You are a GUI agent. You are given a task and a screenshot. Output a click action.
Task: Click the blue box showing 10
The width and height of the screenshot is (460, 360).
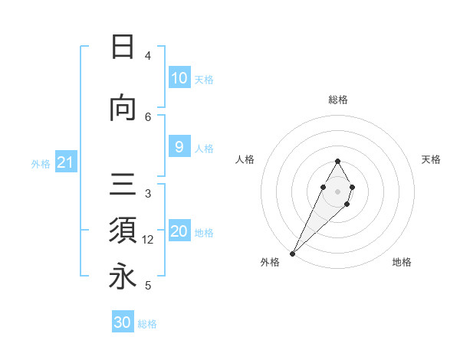pos(179,78)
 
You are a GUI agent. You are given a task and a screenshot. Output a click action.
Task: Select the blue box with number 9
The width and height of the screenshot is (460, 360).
pos(179,148)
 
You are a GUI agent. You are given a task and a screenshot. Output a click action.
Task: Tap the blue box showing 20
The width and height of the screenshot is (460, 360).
pos(179,232)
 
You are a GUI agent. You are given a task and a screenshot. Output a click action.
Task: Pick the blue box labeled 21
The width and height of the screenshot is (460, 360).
pos(65,162)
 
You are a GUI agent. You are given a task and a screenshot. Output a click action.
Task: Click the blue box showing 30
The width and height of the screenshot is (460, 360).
pos(123,322)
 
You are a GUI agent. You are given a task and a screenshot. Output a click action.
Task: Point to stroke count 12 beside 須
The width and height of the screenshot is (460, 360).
pos(148,240)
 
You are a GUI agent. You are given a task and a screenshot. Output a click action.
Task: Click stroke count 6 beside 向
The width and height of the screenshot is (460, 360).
pos(148,116)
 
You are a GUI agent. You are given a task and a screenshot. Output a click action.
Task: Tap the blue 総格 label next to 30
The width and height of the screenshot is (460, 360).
pos(147,324)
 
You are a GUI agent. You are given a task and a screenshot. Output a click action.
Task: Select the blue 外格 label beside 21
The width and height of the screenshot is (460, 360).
pos(41,163)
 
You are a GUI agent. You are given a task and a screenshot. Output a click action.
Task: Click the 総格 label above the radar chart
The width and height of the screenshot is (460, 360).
pos(338,100)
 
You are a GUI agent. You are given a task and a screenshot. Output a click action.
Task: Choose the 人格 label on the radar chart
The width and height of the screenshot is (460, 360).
pos(245,159)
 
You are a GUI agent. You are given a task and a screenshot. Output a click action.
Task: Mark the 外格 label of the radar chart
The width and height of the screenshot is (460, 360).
pos(270,262)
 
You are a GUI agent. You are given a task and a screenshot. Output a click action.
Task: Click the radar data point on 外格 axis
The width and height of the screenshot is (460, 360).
pos(292,253)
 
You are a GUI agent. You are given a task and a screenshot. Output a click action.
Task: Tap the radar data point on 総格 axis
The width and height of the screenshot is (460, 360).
pos(337,161)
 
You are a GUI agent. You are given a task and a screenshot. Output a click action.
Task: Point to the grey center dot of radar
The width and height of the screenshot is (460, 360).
pos(337,190)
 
